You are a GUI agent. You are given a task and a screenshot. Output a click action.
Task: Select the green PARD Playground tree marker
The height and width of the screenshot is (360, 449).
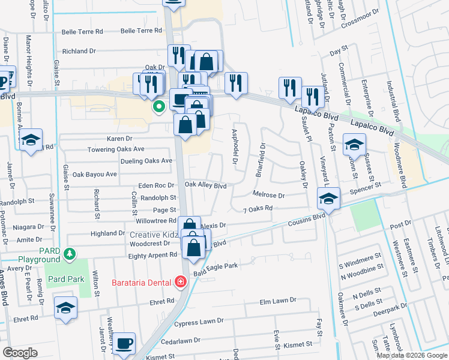point(71,254)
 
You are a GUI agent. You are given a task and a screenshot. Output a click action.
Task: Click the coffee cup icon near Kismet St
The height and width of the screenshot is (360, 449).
point(125,343)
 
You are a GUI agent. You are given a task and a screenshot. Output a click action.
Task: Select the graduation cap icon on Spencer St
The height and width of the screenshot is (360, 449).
point(328,198)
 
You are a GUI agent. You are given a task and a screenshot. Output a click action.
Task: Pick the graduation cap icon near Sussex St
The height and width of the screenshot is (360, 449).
point(354,144)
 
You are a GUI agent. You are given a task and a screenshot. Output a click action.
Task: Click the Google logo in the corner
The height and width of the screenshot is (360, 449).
point(20,353)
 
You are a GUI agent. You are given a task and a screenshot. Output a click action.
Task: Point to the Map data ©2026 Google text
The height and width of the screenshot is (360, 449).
point(412,355)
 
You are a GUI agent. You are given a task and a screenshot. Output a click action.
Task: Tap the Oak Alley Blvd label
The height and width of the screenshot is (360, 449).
point(205,185)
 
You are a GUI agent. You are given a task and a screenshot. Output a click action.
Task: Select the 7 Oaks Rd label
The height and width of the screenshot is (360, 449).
point(258,209)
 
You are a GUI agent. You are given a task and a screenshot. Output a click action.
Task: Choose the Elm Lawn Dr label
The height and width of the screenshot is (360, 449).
point(279,301)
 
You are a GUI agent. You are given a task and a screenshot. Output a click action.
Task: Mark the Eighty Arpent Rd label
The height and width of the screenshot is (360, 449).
point(153,255)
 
